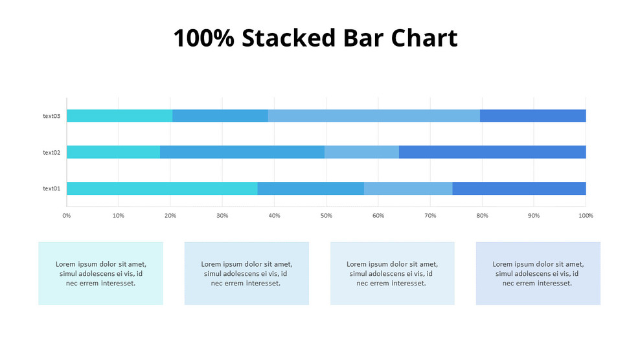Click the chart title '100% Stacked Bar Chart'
pyautogui.click(x=315, y=38)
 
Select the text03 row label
pyautogui.click(x=51, y=116)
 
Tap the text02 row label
pyautogui.click(x=51, y=152)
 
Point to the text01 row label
pyautogui.click(x=51, y=188)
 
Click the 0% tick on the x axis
pyautogui.click(x=66, y=215)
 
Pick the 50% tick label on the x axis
pyautogui.click(x=326, y=215)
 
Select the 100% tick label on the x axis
pyautogui.click(x=586, y=215)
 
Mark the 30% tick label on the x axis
pyautogui.click(x=222, y=215)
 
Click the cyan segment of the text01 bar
pyautogui.click(x=162, y=188)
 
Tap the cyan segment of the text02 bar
pyautogui.click(x=113, y=152)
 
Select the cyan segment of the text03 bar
pyautogui.click(x=119, y=116)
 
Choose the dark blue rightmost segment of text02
pyautogui.click(x=492, y=152)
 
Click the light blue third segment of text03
pyautogui.click(x=374, y=116)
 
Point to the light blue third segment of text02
pyautogui.click(x=361, y=152)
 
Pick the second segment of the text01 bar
pyautogui.click(x=310, y=188)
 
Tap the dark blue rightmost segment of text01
pyautogui.click(x=519, y=188)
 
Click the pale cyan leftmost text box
pyautogui.click(x=100, y=273)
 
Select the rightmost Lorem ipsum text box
pyautogui.click(x=538, y=273)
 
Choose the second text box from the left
pyautogui.click(x=246, y=273)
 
